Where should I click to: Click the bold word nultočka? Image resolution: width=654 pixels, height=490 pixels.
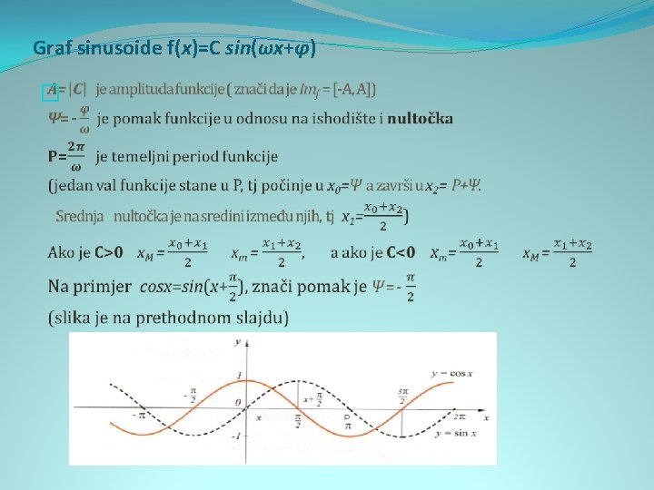click(x=420, y=119)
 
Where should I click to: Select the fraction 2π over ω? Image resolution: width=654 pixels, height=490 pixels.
click(x=76, y=155)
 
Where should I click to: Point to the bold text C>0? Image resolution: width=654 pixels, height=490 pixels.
click(x=110, y=252)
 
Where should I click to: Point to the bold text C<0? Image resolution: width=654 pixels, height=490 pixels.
click(x=401, y=252)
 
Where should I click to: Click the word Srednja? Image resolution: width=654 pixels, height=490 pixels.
click(x=81, y=217)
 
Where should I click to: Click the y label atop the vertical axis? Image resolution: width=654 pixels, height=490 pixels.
click(x=237, y=342)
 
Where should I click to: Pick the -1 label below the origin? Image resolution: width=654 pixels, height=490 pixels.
click(x=233, y=444)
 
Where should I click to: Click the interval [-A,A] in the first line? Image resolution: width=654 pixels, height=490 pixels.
click(x=355, y=89)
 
